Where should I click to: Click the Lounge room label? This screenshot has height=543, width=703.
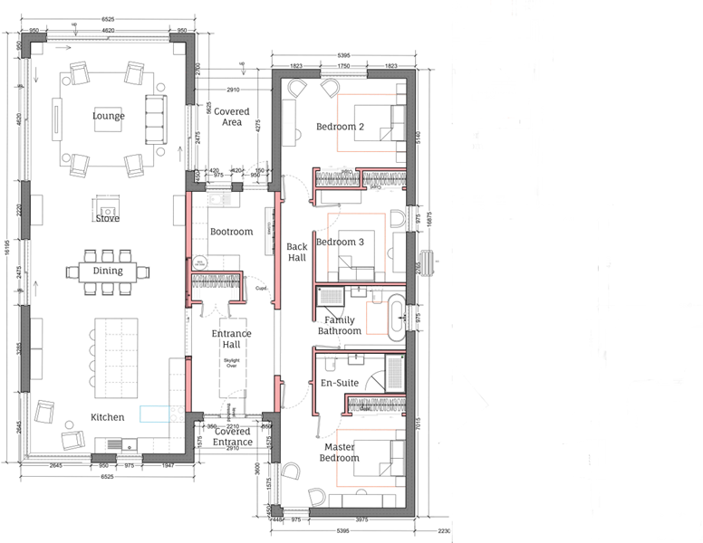click(108, 116)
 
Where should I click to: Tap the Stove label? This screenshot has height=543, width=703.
click(107, 218)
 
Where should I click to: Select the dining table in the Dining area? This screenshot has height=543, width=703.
click(107, 271)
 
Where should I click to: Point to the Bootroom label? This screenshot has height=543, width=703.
click(231, 232)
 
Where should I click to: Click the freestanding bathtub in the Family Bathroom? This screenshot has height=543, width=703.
click(397, 316)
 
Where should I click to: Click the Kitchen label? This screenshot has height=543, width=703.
click(107, 417)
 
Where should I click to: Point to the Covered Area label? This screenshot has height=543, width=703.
click(233, 117)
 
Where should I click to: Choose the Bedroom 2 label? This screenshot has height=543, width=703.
click(340, 127)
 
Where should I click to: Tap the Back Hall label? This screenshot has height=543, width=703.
click(297, 252)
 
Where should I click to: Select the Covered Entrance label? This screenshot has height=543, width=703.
click(233, 437)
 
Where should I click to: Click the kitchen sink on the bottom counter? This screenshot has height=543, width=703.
click(115, 443)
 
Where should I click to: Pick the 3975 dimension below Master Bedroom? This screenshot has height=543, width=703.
click(361, 519)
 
